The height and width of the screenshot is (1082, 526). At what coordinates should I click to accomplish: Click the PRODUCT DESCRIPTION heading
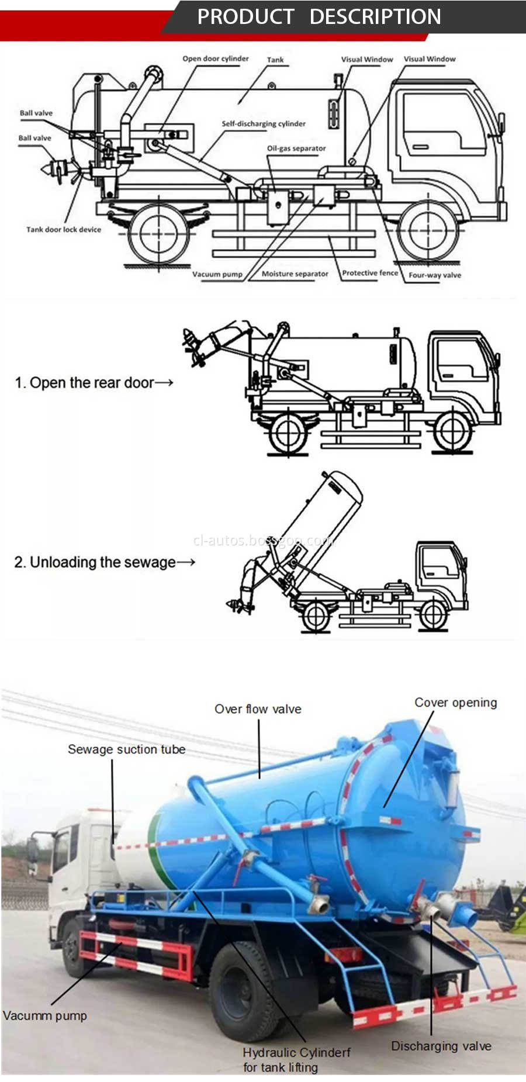pos(319,16)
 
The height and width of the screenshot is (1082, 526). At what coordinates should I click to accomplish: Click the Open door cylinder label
pos(215,58)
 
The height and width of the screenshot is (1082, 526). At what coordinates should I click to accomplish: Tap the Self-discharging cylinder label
pos(263,124)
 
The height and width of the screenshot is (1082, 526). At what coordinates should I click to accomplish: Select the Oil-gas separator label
pos(296,148)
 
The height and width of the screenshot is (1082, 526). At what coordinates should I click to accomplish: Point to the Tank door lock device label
pos(63,230)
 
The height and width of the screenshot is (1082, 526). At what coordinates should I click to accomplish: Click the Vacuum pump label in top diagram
pos(217,274)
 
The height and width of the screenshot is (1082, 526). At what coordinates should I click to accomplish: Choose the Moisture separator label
pos(295,274)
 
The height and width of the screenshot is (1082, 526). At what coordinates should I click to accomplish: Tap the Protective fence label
pos(369,273)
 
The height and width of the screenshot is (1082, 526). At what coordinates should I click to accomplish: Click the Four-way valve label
pos(434,275)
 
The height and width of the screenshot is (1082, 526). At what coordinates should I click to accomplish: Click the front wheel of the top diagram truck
pos(427,231)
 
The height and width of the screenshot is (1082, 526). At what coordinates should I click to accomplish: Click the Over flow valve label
pos(258,709)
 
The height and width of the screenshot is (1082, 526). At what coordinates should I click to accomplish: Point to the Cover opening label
pos(455,703)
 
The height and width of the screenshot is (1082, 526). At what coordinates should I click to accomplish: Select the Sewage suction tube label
pos(126,749)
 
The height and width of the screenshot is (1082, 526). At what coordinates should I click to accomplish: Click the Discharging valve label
pos(441,1046)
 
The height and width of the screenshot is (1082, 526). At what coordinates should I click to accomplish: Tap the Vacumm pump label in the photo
pos(44,1015)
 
